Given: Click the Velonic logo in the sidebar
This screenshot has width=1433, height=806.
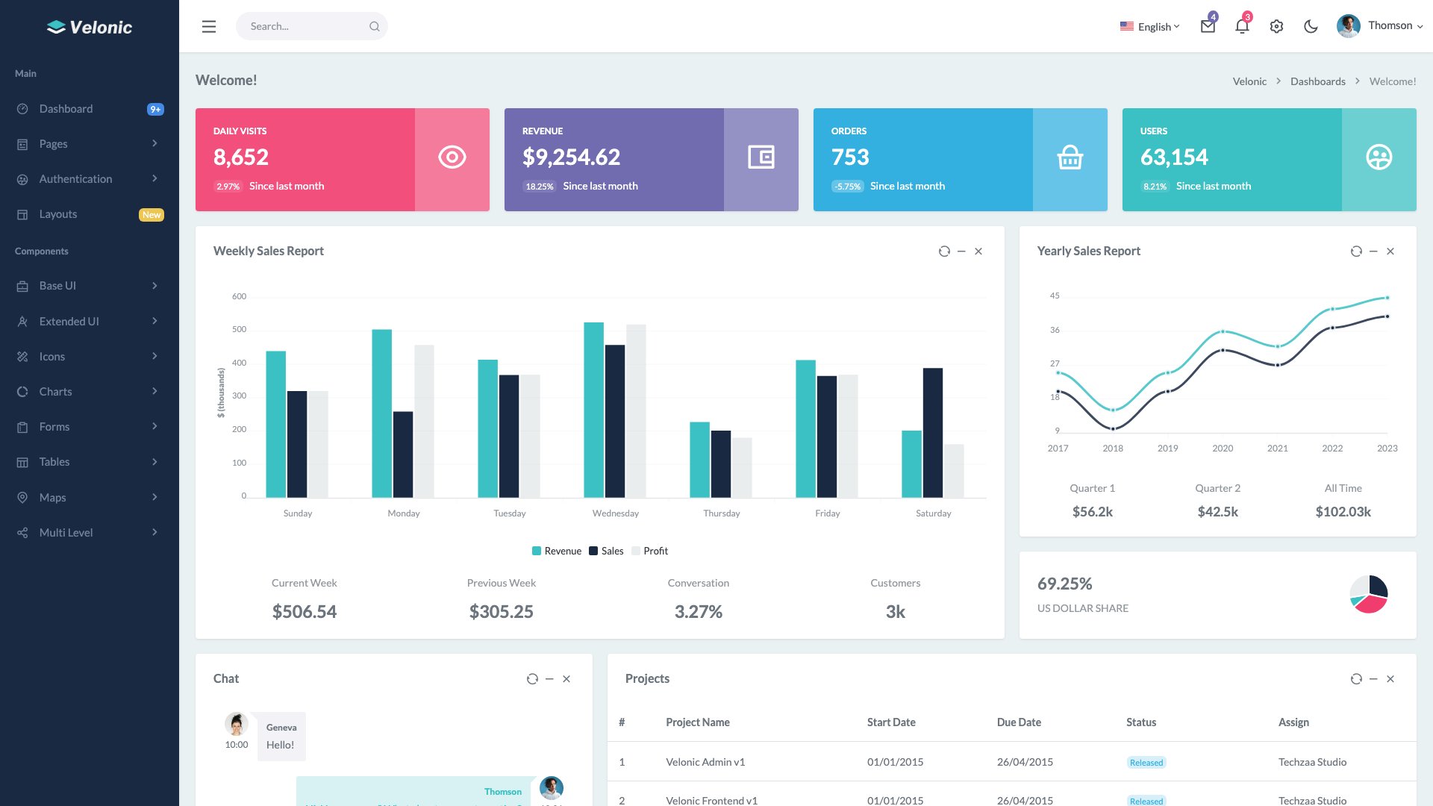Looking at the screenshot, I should click(90, 28).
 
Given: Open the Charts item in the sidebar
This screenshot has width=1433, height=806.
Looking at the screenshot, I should click(56, 392).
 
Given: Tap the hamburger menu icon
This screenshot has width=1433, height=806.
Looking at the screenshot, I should click(209, 27).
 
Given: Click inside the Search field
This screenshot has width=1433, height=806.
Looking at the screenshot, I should click(306, 27).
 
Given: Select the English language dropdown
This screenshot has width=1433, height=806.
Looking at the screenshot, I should click(1150, 27).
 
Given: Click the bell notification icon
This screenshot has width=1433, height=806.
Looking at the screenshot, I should click(1241, 27).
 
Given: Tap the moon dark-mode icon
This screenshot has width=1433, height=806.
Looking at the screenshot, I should click(1311, 27).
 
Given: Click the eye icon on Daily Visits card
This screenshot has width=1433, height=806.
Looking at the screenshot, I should click(452, 157).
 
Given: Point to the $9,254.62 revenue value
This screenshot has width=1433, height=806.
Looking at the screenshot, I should click(571, 157).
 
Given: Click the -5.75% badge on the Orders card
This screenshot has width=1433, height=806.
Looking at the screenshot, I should click(848, 187).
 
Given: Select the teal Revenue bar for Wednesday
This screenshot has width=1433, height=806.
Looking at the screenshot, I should click(593, 410).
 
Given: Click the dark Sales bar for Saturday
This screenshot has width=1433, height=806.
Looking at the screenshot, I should click(932, 433).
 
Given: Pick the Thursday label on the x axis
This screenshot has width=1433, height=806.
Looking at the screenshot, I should click(721, 513).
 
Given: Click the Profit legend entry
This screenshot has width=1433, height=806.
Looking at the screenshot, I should click(650, 552).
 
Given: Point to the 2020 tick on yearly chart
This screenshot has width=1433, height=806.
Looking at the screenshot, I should click(1223, 449).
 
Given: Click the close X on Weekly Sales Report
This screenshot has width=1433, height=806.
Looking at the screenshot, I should click(978, 252).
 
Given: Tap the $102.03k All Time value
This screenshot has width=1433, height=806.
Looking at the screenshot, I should click(1343, 512).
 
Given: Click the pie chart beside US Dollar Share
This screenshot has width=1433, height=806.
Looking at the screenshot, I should click(1369, 595).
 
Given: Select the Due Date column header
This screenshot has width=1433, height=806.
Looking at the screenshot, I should click(1019, 722).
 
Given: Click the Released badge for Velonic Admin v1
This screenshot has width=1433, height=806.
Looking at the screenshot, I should click(1146, 763).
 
